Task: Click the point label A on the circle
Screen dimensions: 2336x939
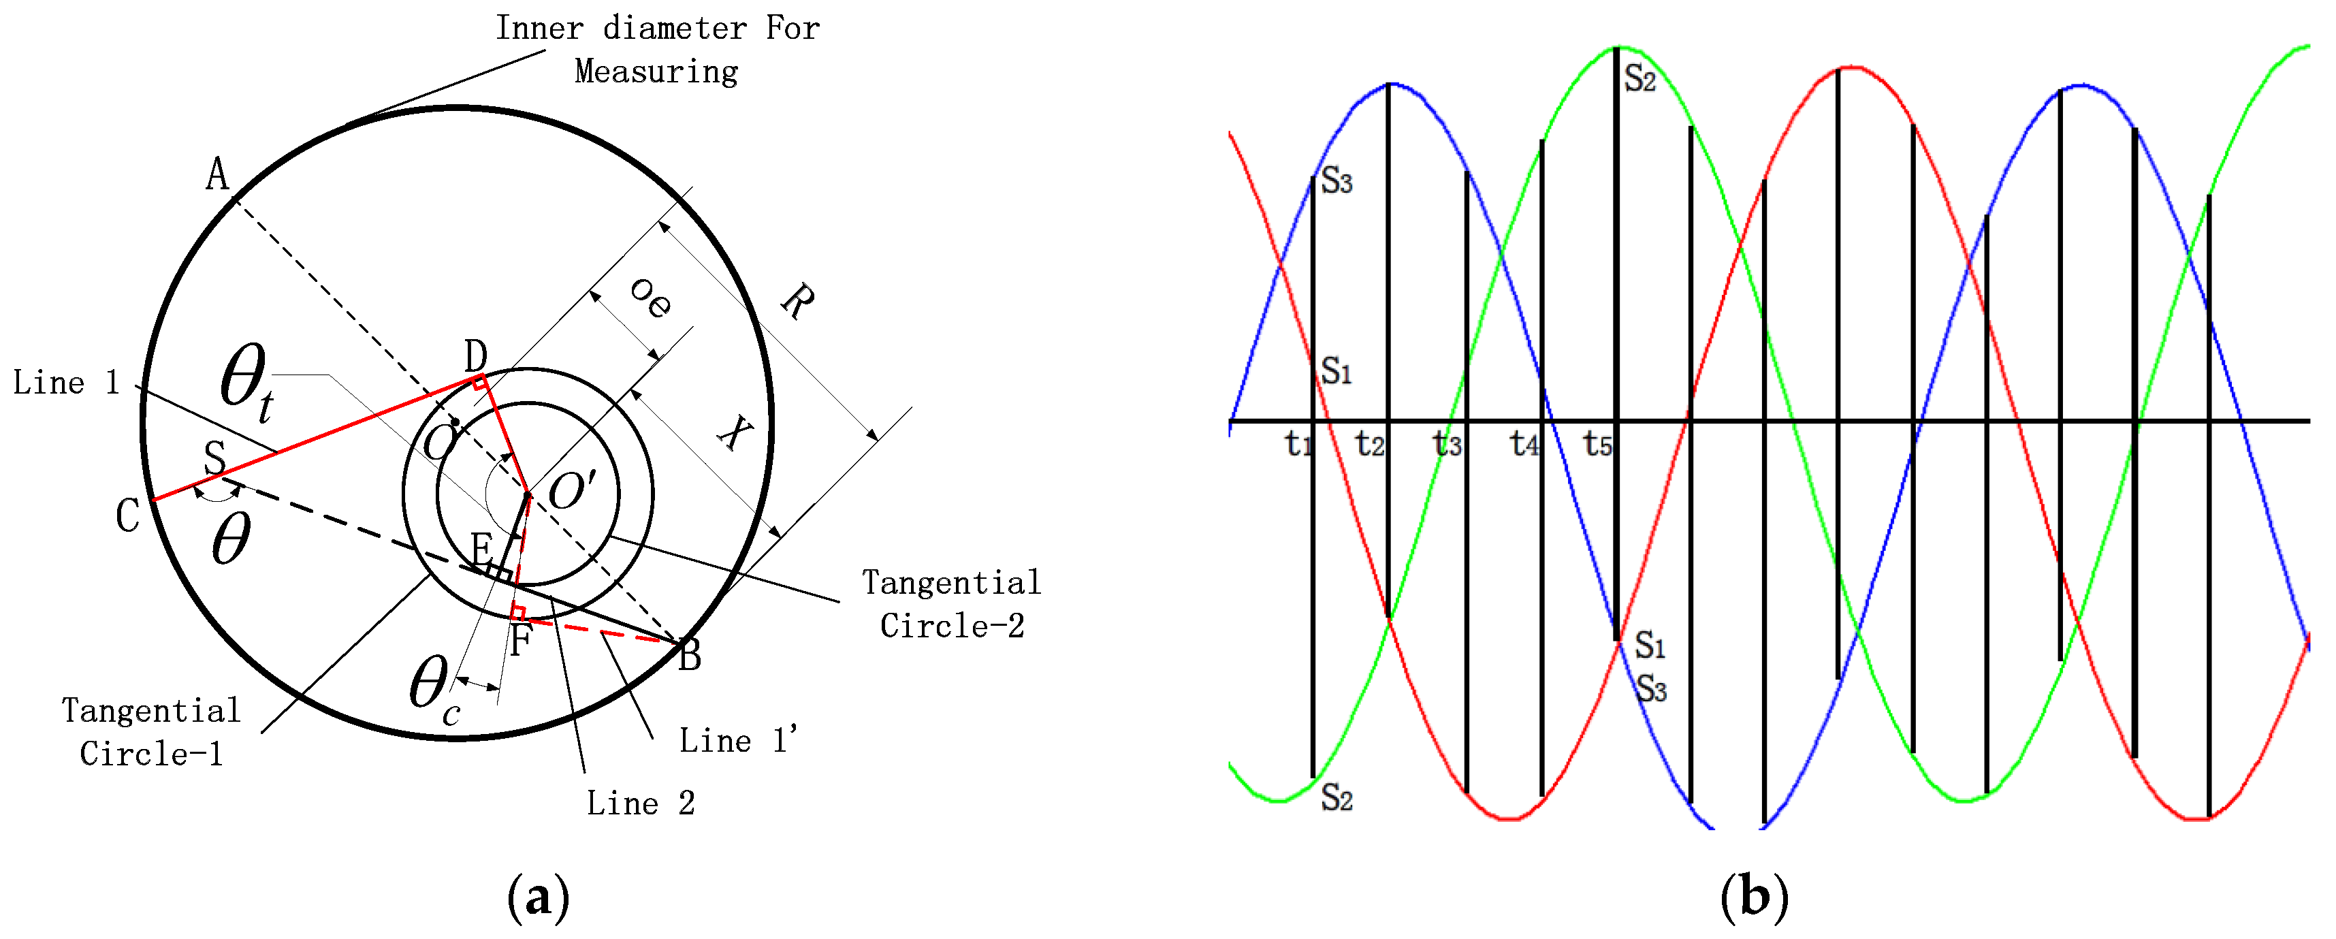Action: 217,174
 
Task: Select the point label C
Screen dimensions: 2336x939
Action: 128,516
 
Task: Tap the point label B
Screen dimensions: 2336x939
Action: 690,655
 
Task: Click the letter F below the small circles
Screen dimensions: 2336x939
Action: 519,641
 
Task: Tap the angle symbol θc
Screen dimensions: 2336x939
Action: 434,690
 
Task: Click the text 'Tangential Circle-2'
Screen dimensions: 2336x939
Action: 951,603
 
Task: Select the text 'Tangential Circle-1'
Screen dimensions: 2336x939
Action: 151,731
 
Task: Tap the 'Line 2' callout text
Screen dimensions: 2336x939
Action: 640,803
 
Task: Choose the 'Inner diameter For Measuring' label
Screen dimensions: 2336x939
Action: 658,50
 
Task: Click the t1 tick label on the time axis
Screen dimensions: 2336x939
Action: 1298,445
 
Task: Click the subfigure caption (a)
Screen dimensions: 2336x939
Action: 539,897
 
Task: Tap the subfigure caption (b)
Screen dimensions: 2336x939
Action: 1754,897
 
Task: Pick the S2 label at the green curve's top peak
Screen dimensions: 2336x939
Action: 1639,78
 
